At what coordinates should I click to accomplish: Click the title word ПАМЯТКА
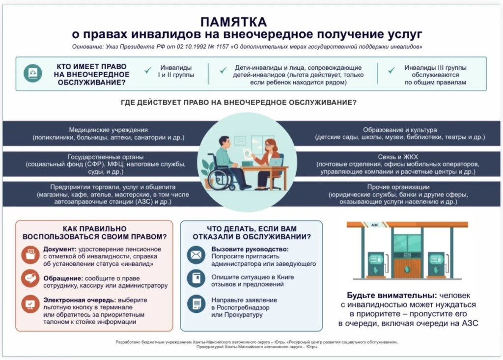point(233,22)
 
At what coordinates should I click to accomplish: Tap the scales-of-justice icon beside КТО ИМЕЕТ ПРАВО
point(33,73)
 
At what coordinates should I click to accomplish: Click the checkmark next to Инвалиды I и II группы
point(147,70)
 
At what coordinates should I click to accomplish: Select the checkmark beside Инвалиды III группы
point(391,70)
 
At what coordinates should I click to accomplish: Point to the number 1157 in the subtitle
point(222,47)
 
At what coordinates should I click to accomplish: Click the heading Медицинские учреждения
point(109,130)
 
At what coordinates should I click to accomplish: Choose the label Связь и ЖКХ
point(398,157)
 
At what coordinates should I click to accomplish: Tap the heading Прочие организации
point(398,187)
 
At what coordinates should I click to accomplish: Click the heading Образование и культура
point(400,130)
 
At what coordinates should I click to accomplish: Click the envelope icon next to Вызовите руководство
point(196,255)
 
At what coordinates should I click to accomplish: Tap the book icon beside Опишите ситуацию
point(196,278)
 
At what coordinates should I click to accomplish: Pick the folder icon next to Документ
point(30,255)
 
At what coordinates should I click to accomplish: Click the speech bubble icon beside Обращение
point(30,278)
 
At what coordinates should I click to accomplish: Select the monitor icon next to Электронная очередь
point(30,304)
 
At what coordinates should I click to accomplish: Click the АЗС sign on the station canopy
point(375,225)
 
